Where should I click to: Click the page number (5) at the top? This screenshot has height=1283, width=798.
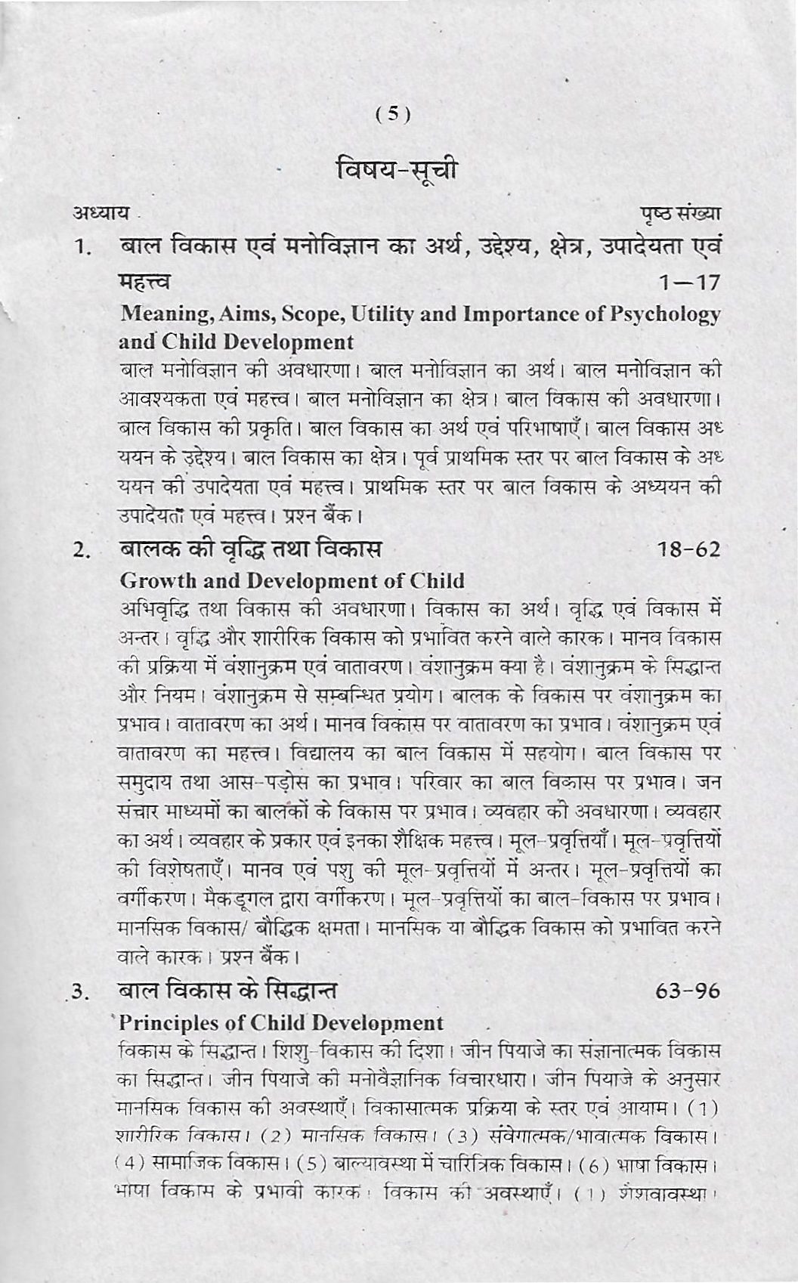(393, 115)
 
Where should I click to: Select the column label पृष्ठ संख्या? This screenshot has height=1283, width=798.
(677, 216)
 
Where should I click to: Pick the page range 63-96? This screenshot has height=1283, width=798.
(688, 990)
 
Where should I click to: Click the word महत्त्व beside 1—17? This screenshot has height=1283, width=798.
(147, 283)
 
